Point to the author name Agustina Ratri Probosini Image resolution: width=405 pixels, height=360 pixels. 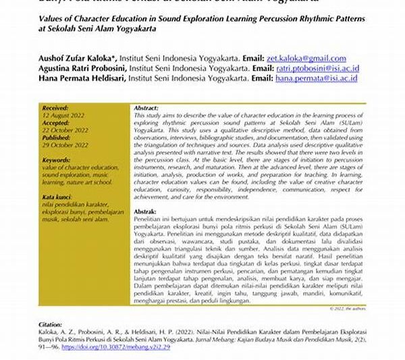coord(82,69)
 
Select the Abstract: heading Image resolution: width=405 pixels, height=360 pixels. coord(146,108)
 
